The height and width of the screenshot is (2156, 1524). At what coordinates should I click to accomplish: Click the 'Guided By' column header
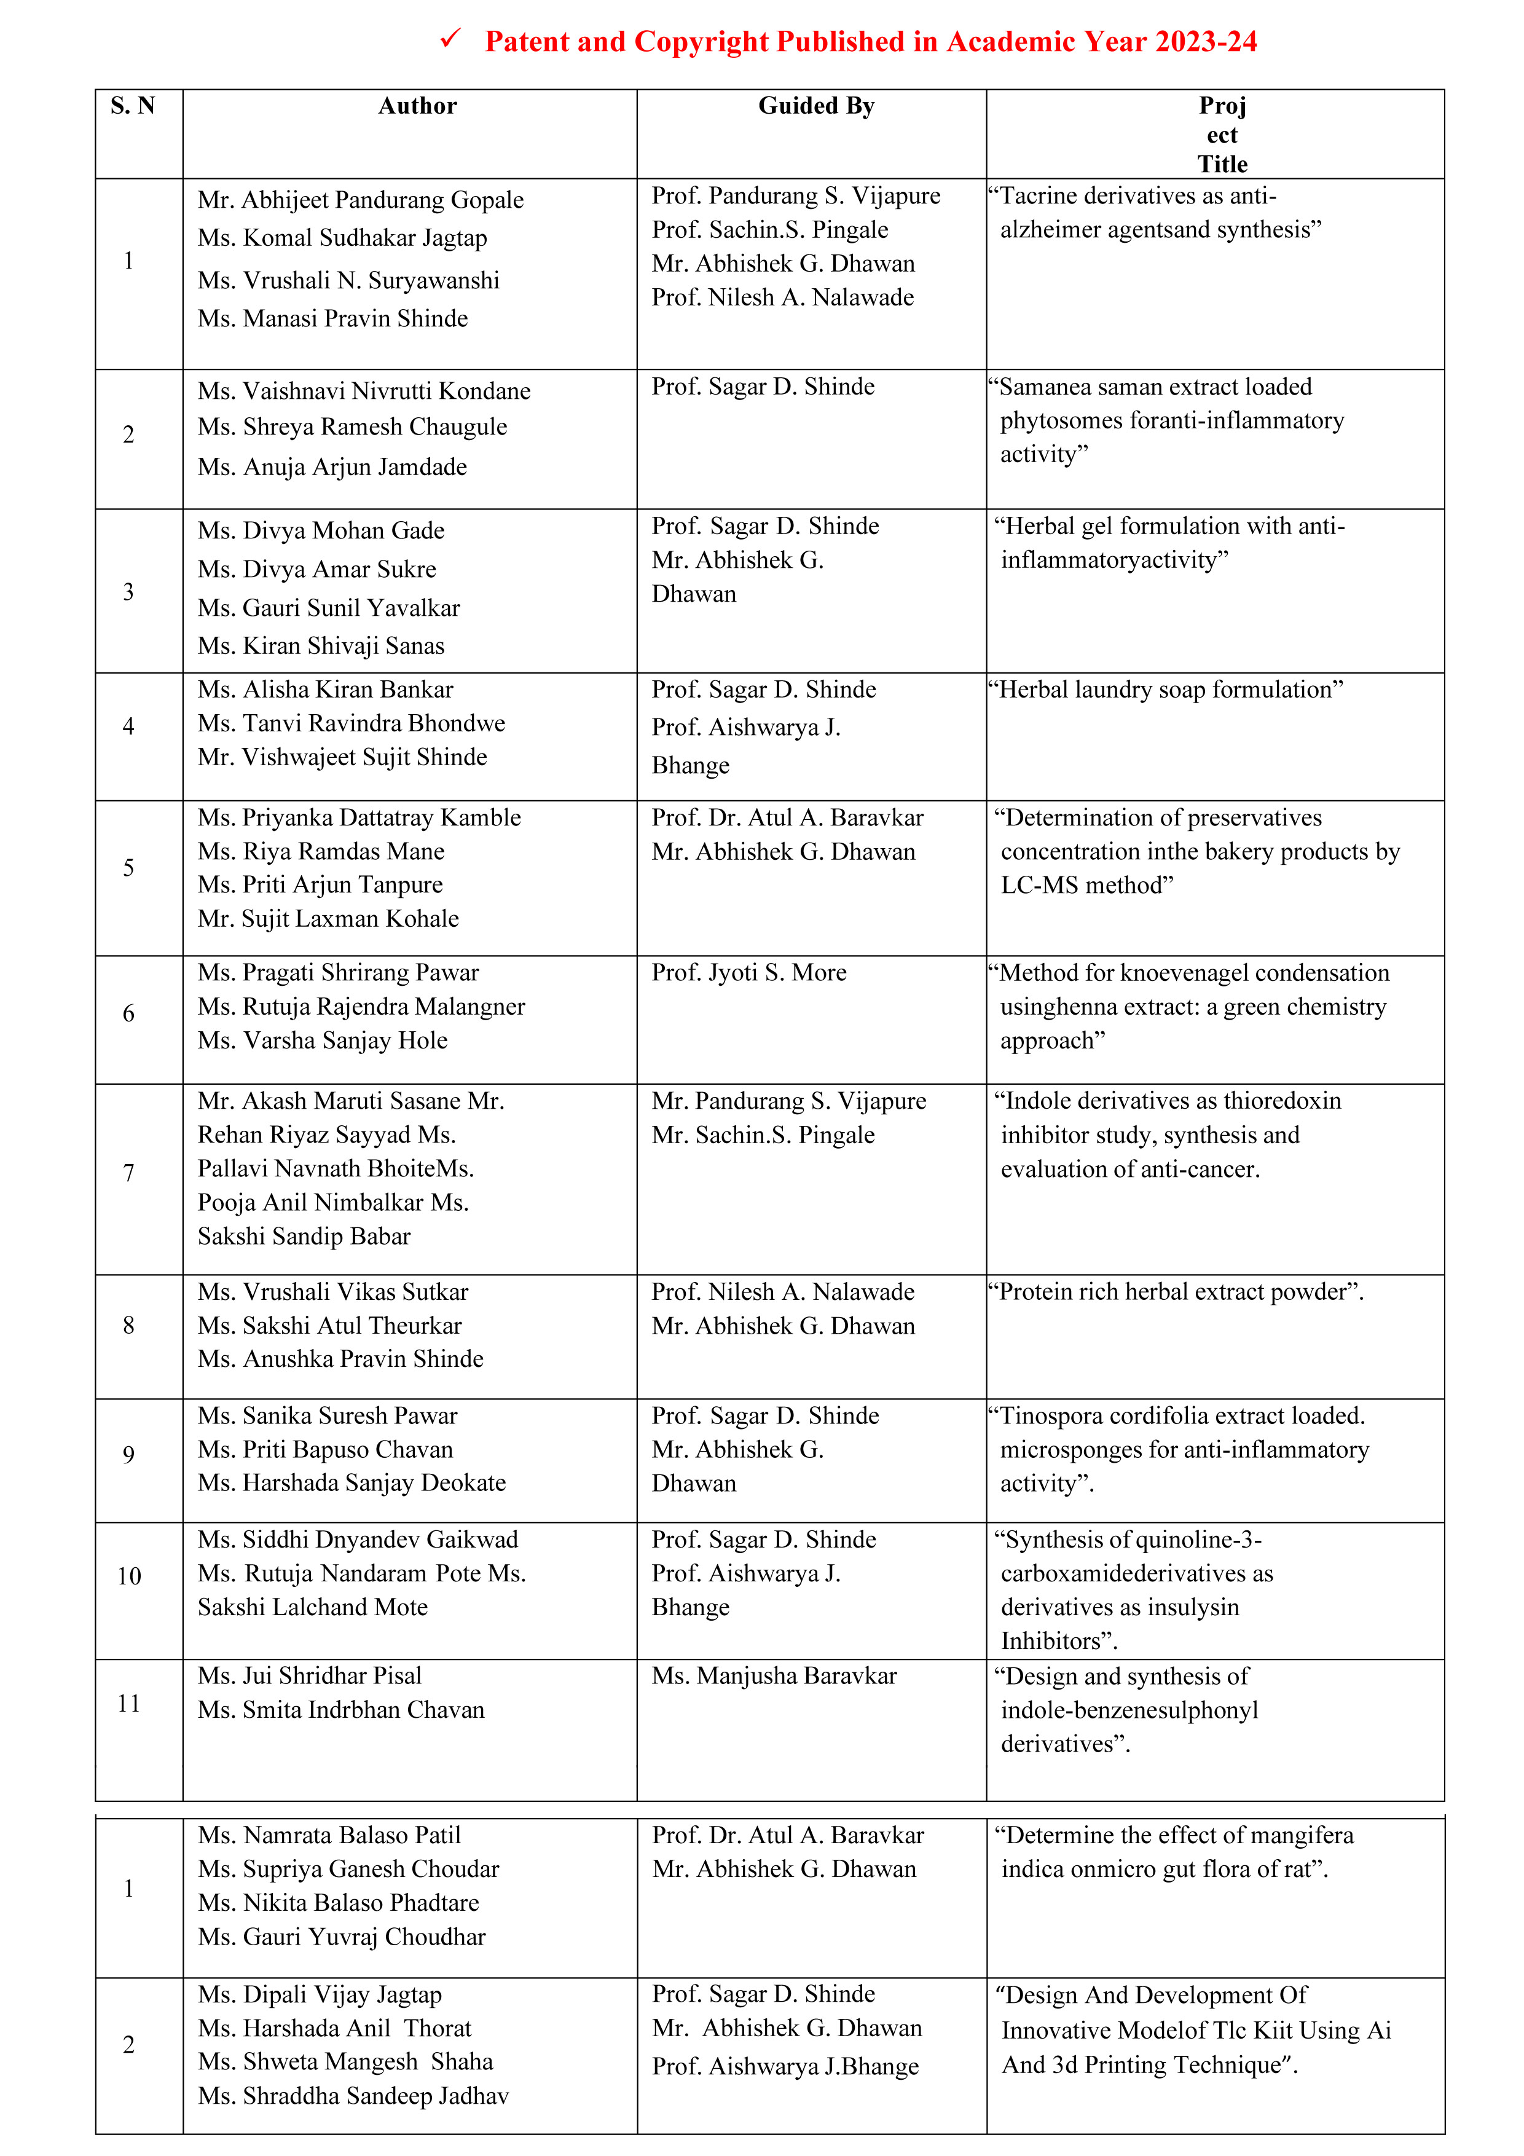[816, 106]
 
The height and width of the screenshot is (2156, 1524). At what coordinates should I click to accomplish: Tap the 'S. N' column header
[132, 106]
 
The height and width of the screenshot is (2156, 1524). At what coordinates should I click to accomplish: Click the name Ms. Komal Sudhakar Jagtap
[342, 238]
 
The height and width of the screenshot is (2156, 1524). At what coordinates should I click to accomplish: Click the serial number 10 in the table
[128, 1576]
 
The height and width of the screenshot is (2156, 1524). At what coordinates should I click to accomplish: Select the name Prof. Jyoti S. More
[748, 973]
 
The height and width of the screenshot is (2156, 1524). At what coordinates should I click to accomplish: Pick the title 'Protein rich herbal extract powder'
[1176, 1292]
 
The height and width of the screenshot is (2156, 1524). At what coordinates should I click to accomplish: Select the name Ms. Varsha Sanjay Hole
[322, 1041]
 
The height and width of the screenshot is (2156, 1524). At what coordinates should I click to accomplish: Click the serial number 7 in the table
[128, 1173]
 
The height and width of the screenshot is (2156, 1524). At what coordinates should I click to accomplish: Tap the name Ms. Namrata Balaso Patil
[329, 1836]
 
